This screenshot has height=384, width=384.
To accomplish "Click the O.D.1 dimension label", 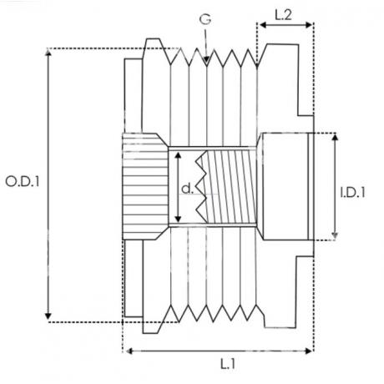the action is pyautogui.click(x=23, y=181).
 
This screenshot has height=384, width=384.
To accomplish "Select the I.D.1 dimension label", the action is pyautogui.click(x=353, y=192).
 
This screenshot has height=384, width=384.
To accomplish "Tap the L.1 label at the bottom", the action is pyautogui.click(x=228, y=364).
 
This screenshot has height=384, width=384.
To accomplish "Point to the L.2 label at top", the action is pyautogui.click(x=283, y=15).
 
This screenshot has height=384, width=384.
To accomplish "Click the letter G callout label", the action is pyautogui.click(x=205, y=19).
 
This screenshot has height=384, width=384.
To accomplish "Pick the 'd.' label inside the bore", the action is pyautogui.click(x=187, y=189).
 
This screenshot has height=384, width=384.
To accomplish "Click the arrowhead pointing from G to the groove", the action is pyautogui.click(x=206, y=59).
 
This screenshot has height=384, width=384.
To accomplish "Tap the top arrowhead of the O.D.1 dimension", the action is pyautogui.click(x=48, y=53).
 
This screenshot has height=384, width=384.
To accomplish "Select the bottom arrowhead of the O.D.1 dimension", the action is pyautogui.click(x=48, y=316).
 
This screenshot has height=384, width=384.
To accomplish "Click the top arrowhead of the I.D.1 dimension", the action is pyautogui.click(x=335, y=137).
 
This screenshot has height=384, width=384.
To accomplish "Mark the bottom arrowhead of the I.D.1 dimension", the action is pyautogui.click(x=335, y=235).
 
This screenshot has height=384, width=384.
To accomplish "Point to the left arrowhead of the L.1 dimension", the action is pyautogui.click(x=129, y=351).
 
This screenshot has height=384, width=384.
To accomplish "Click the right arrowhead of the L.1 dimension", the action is pyautogui.click(x=309, y=351).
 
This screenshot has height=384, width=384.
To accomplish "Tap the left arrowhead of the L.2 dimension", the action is pyautogui.click(x=263, y=25).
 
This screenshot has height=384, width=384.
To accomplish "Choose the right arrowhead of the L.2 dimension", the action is pyautogui.click(x=309, y=25).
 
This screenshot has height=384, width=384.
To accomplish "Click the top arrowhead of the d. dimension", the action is pyautogui.click(x=178, y=155).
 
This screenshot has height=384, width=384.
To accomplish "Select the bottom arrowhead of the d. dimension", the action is pyautogui.click(x=178, y=219).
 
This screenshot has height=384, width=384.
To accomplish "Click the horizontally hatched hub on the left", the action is pyautogui.click(x=144, y=186).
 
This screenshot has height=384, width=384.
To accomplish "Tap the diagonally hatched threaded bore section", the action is pyautogui.click(x=231, y=186).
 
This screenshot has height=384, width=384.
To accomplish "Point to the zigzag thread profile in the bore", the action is pyautogui.click(x=201, y=186).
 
